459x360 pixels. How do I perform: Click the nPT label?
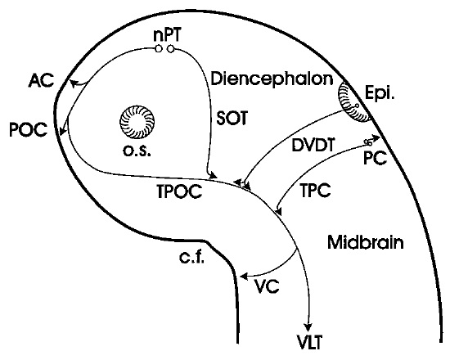tap(168, 35)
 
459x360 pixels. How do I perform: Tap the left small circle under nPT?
tap(159, 49)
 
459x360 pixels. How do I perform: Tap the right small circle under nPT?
tap(170, 49)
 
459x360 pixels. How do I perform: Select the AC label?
tap(41, 80)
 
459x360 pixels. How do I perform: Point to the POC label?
tap(28, 129)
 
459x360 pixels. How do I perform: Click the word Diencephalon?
tap(272, 79)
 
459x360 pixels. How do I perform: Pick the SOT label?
tap(232, 118)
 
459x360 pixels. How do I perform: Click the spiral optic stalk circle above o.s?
tap(137, 122)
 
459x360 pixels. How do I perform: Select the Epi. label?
tap(380, 93)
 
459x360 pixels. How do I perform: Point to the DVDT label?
tap(313, 145)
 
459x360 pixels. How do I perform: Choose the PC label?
tap(376, 159)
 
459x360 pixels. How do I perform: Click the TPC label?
tap(316, 191)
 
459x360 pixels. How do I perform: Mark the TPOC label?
tap(179, 191)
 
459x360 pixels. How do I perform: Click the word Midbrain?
tap(366, 242)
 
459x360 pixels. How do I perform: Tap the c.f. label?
tap(191, 258)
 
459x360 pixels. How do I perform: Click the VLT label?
tap(310, 342)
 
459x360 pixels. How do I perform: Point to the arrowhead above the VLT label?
tap(308, 327)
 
